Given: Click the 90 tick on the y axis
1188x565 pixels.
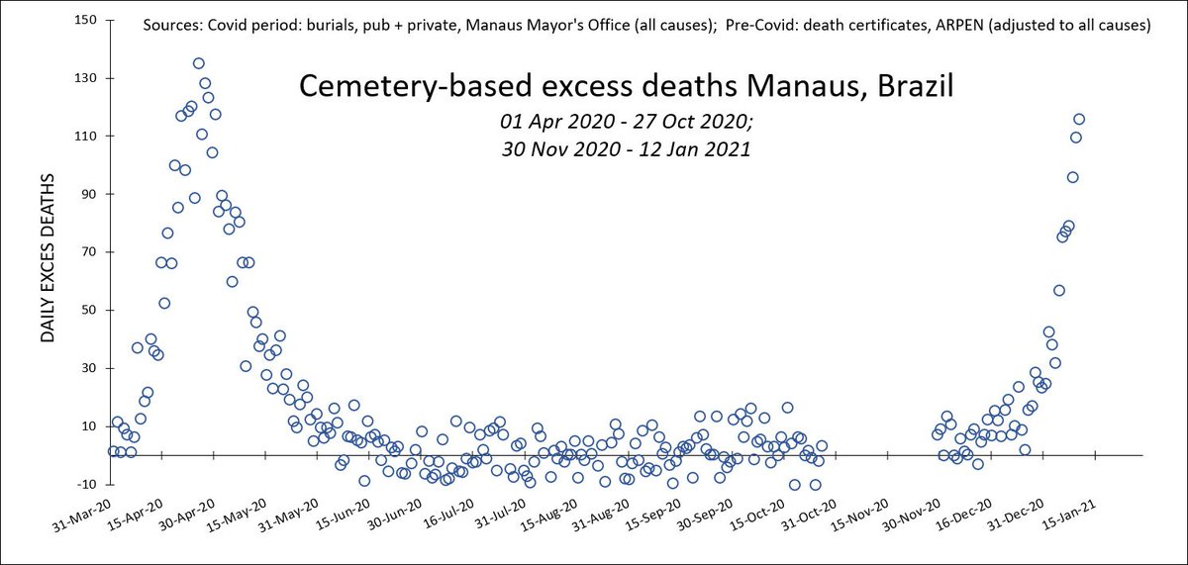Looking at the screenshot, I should (x=88, y=194).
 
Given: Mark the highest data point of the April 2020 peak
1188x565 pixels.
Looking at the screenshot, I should (x=199, y=63).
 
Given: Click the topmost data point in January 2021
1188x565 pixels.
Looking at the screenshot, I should (x=1079, y=119).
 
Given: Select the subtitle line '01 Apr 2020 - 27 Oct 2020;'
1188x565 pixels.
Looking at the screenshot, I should (x=626, y=124).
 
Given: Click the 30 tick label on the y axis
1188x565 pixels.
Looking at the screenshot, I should (x=88, y=368).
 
